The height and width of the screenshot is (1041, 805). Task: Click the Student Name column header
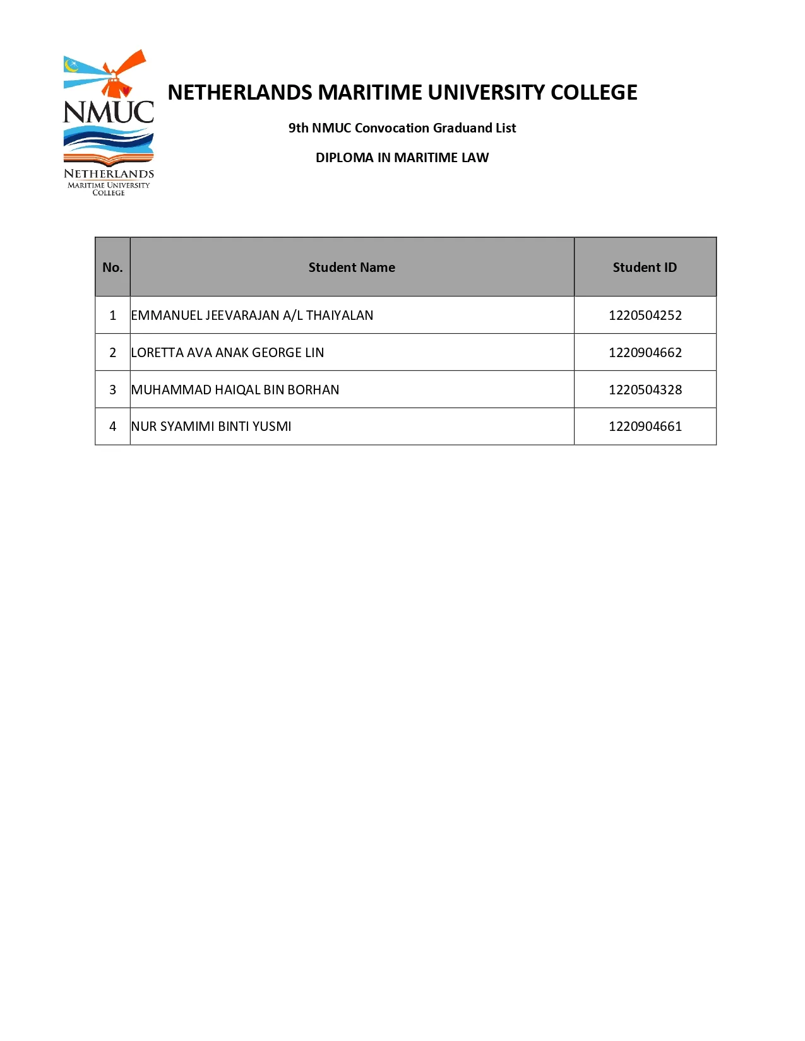tap(352, 268)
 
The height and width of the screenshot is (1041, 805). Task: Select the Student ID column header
tap(645, 268)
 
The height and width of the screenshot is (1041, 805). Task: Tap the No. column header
tap(112, 268)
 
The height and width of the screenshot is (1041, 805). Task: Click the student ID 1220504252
tap(645, 315)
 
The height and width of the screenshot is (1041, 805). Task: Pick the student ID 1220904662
tap(645, 353)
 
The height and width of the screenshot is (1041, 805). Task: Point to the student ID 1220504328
tap(645, 390)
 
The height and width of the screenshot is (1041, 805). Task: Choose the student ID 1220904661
tap(645, 426)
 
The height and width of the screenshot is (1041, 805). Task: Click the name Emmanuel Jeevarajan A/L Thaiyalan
tap(252, 315)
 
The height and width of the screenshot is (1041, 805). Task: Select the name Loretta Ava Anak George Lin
tap(227, 353)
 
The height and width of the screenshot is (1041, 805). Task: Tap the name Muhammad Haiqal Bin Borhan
tap(235, 390)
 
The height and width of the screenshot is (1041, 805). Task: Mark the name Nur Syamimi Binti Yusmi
tap(211, 426)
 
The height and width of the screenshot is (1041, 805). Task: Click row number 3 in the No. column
tap(113, 390)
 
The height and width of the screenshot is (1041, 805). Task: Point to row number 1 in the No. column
tap(113, 315)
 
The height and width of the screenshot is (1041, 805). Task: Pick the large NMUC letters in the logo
tap(109, 112)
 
